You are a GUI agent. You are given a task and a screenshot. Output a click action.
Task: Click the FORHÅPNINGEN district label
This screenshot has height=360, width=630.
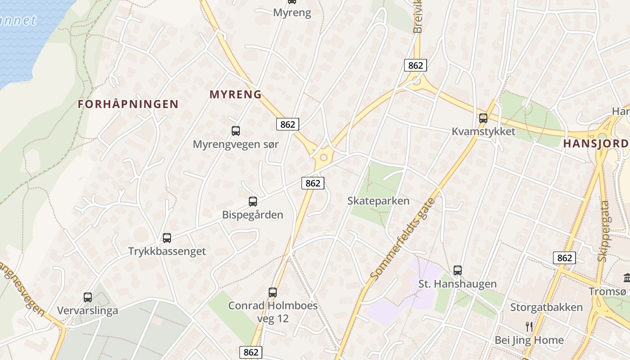(128, 104)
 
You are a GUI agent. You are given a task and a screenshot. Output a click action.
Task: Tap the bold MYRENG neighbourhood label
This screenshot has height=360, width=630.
(235, 94)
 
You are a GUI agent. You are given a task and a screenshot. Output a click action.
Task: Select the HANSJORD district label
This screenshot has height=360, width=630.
(596, 144)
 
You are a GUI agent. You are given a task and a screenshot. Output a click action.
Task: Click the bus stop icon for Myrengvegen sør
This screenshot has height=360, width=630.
(235, 131)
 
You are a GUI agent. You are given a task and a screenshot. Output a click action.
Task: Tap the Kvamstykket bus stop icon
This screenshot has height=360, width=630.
(483, 118)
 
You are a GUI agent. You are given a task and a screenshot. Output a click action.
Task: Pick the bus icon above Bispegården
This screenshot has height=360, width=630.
(253, 202)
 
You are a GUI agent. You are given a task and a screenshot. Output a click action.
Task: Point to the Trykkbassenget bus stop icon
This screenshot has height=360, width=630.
(167, 238)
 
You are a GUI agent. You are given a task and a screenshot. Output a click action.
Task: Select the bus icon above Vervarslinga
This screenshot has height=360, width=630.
(88, 297)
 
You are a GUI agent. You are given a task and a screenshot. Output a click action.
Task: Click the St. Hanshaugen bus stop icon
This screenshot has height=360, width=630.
(458, 270)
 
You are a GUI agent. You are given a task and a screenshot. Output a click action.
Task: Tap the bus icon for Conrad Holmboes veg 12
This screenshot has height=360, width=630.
(273, 292)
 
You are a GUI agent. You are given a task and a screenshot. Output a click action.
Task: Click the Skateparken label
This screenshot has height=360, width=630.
(378, 201)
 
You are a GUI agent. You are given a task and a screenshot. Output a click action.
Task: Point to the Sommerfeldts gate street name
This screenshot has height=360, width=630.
(403, 238)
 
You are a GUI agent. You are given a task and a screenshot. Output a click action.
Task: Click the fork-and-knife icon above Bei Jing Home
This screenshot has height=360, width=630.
(529, 326)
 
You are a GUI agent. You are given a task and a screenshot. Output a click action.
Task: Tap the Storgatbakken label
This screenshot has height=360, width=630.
(546, 307)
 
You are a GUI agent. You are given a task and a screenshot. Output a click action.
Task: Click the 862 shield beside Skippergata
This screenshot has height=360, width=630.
(564, 258)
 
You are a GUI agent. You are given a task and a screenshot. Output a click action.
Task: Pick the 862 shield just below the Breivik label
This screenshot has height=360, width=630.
(415, 65)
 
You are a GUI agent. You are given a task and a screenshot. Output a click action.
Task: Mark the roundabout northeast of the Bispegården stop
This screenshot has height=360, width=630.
(323, 157)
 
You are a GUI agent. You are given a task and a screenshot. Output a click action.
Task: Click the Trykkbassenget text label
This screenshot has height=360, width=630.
(167, 251)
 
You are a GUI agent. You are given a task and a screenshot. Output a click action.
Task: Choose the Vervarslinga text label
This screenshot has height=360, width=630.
(88, 310)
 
